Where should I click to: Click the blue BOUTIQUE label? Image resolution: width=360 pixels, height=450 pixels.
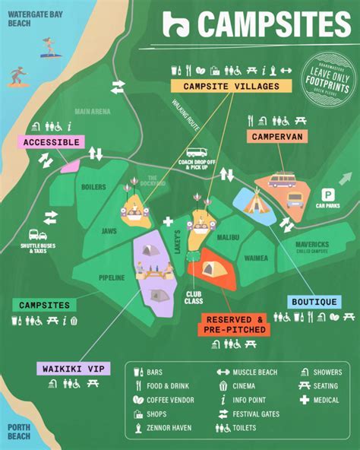pyautogui.click(x=314, y=302)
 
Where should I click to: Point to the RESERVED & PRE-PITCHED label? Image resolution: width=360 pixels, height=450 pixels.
pyautogui.click(x=235, y=324)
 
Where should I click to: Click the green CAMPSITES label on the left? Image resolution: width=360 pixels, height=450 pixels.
pyautogui.click(x=45, y=305)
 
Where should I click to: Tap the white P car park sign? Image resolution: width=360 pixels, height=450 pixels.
pyautogui.click(x=329, y=194)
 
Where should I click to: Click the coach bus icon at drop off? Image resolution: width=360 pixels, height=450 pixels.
pyautogui.click(x=197, y=153)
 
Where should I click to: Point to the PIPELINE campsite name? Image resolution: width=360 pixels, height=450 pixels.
pyautogui.click(x=111, y=277)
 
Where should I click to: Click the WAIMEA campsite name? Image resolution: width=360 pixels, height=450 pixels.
pyautogui.click(x=256, y=258)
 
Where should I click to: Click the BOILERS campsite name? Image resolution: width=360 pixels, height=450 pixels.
pyautogui.click(x=93, y=186)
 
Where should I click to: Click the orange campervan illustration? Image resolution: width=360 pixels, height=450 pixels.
pyautogui.click(x=282, y=181)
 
